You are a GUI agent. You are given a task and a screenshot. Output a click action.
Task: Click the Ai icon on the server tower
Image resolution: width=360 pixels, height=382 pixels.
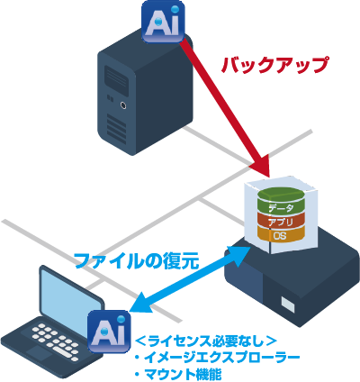(x=163, y=22)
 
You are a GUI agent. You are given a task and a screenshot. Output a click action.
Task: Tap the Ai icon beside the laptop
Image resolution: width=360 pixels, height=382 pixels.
(x=109, y=332)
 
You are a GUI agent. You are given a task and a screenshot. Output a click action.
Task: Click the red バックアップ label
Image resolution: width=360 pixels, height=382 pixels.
(x=274, y=65)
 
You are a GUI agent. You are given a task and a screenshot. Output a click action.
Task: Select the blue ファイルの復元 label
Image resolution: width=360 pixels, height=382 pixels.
(x=137, y=260)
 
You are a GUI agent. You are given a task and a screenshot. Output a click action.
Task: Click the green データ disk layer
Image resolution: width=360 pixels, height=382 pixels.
(x=281, y=201)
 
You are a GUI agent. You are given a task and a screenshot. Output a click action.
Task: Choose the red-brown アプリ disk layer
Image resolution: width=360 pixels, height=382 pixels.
(x=281, y=223)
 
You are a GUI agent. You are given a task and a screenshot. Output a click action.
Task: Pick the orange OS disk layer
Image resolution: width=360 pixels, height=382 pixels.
(x=281, y=235)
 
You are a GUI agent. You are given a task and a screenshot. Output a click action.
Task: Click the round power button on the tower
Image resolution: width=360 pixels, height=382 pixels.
(x=123, y=105)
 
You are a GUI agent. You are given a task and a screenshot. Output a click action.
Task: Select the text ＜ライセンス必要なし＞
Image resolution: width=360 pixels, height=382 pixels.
(x=206, y=341)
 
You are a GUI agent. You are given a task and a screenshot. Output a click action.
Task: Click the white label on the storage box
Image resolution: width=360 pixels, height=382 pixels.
(x=288, y=305)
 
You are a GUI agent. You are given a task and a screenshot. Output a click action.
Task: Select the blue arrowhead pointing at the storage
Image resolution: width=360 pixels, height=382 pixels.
(x=239, y=255)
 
